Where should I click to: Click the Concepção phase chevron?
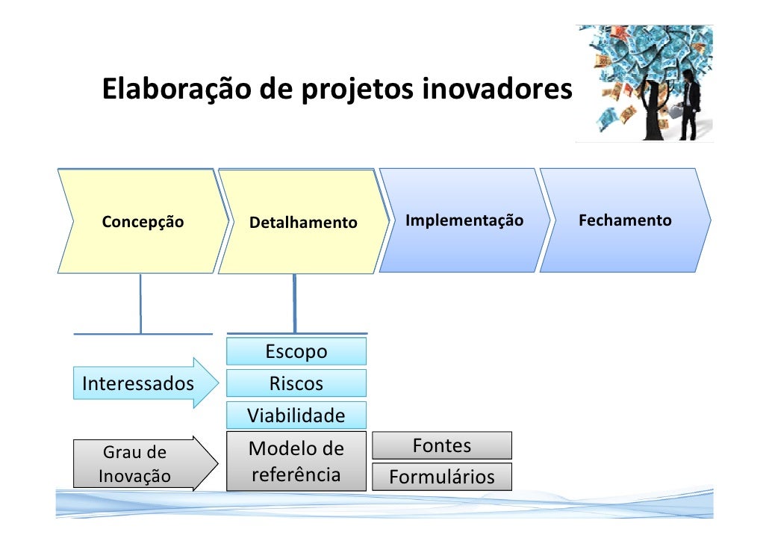pos(142,221)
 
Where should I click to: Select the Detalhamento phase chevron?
pos(303,223)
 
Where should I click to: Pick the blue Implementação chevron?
pos(464,220)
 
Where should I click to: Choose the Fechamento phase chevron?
pos(625,220)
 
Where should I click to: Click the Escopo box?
pos(296,351)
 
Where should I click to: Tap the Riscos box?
pos(296,383)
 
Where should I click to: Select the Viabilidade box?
pos(296,415)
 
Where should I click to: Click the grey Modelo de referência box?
pos(296,461)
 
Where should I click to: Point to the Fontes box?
pos(442,445)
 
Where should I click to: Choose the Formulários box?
pos(442,477)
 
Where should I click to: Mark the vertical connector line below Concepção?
pos(140,303)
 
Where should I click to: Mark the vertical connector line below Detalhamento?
pos(294,303)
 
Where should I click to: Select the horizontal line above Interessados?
pos(143,333)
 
